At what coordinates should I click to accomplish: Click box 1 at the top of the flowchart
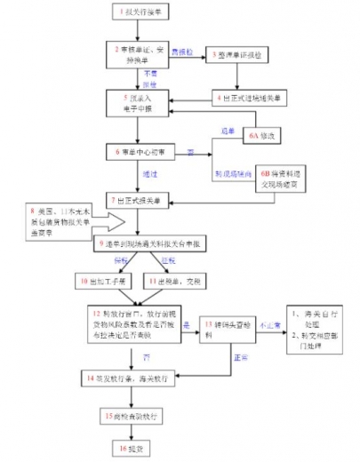(x=139, y=12)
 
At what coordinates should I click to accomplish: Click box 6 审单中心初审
(x=137, y=153)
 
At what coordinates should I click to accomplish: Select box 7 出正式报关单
(x=137, y=200)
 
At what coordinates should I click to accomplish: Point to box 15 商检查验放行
(x=138, y=415)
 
